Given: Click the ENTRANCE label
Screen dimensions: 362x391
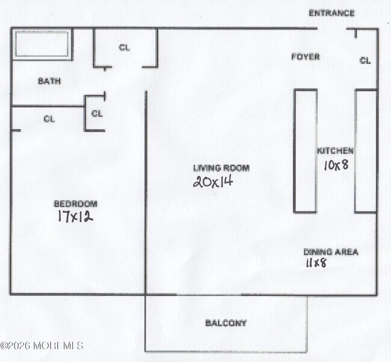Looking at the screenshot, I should (331, 13).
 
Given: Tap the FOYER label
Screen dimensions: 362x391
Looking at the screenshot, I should (306, 57).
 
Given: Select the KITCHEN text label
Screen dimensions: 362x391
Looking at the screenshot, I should (336, 151).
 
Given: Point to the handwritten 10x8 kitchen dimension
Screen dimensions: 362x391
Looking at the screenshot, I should (336, 165).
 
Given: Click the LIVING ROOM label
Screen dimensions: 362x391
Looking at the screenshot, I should (221, 168).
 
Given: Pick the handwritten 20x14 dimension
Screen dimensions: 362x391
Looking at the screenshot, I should (212, 181).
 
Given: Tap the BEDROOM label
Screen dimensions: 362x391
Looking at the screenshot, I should (75, 204).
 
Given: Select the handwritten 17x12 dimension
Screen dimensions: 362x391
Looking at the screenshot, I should (75, 216).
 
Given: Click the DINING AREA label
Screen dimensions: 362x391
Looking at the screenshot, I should (330, 252).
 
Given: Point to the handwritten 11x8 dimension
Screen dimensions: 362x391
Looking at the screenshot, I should (316, 263).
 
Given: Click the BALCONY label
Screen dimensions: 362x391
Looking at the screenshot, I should (226, 323).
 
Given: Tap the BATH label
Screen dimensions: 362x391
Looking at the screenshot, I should (49, 81).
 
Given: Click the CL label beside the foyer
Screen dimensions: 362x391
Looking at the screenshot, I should (365, 60).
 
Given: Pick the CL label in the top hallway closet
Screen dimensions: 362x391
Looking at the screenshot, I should (124, 48).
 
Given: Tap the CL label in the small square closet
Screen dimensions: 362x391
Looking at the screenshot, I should (97, 113).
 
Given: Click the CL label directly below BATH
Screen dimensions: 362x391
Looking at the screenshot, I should (49, 119).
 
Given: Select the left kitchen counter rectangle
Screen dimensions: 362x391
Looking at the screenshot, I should (305, 150).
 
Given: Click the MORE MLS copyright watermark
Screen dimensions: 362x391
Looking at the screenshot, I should (42, 346).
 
